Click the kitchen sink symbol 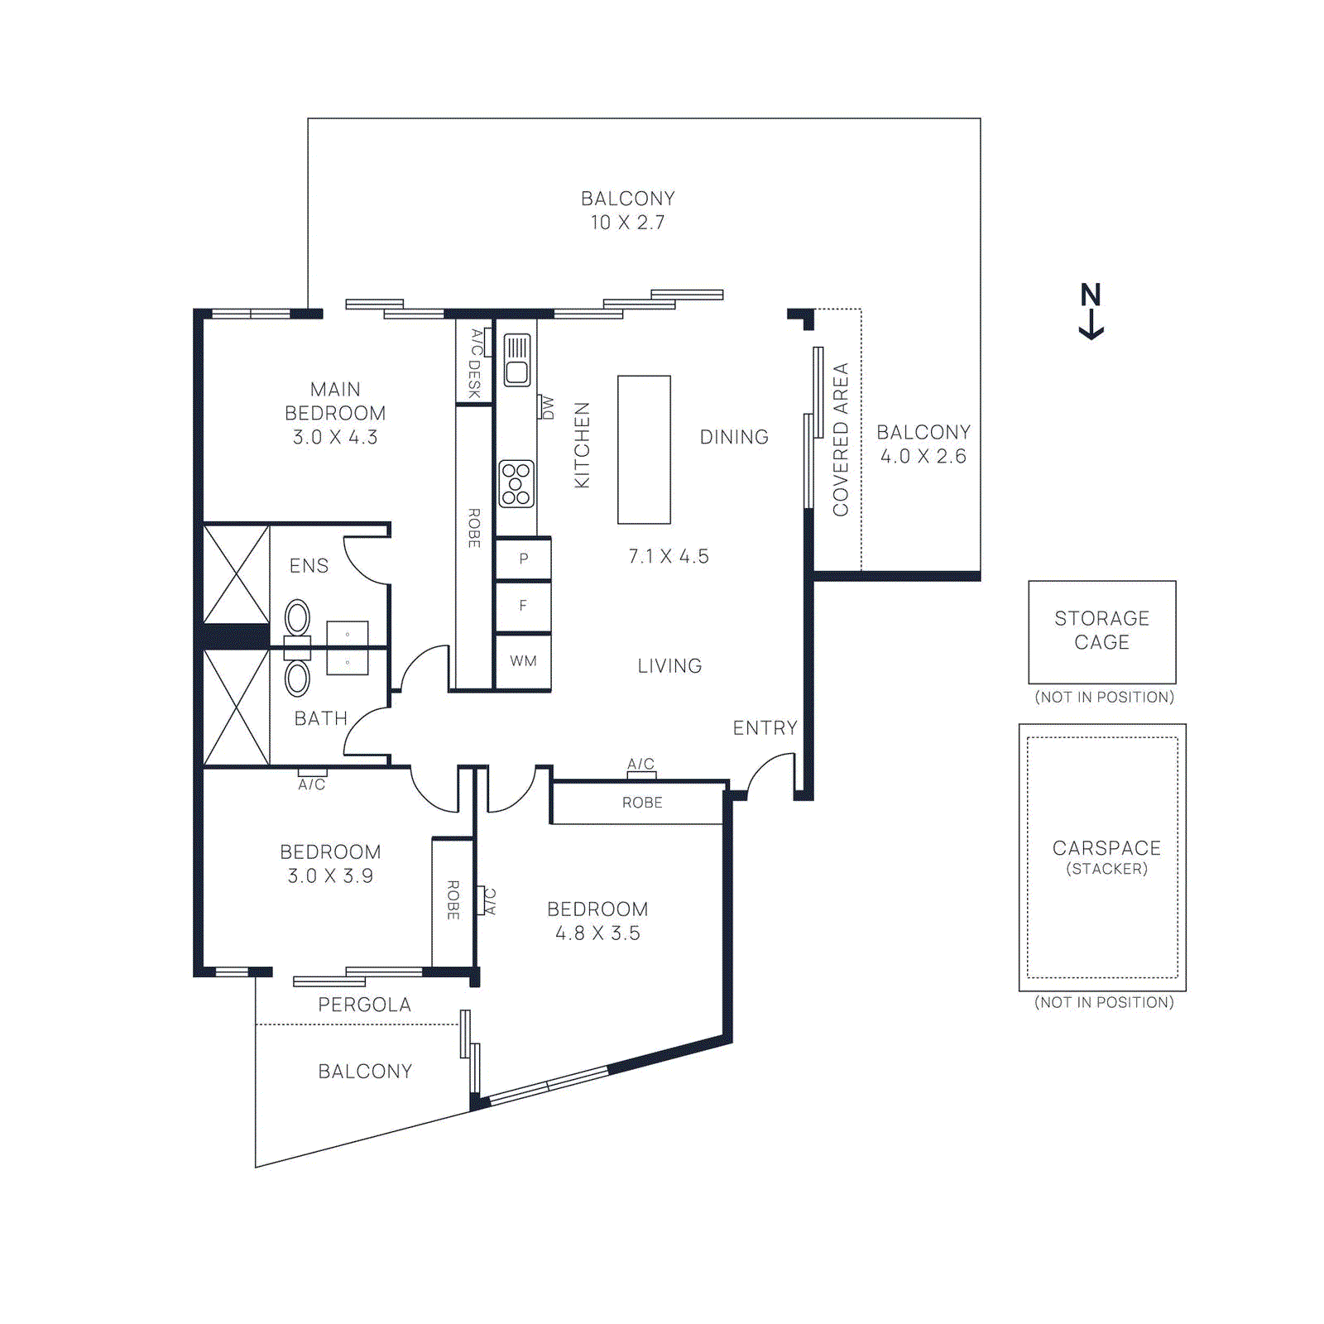tap(517, 360)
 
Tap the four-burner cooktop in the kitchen tap(516, 484)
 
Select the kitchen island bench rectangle tap(644, 449)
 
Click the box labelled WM tap(523, 661)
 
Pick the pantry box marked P tap(523, 559)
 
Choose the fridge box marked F tap(523, 607)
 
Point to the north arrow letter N tap(1091, 295)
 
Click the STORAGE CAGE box tap(1101, 631)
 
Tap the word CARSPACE tap(1106, 848)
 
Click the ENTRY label tap(765, 728)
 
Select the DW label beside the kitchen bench tap(547, 407)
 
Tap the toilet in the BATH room tap(297, 679)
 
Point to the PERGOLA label tap(364, 1005)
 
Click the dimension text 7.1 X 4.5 tap(668, 556)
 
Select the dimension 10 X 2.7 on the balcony tap(627, 223)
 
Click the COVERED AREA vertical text tap(841, 439)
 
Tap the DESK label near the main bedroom tap(474, 379)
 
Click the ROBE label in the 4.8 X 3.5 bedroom tap(642, 803)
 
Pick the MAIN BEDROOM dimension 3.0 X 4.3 tap(335, 437)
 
